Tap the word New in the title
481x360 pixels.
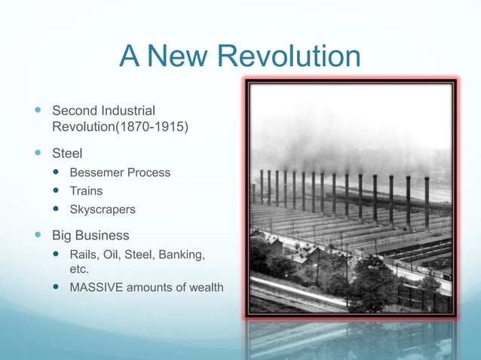click(x=177, y=57)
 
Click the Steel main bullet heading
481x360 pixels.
click(x=67, y=153)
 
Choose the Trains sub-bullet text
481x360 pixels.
click(x=86, y=191)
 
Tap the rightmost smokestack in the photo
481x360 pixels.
click(x=427, y=202)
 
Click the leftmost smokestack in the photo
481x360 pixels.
click(x=260, y=186)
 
